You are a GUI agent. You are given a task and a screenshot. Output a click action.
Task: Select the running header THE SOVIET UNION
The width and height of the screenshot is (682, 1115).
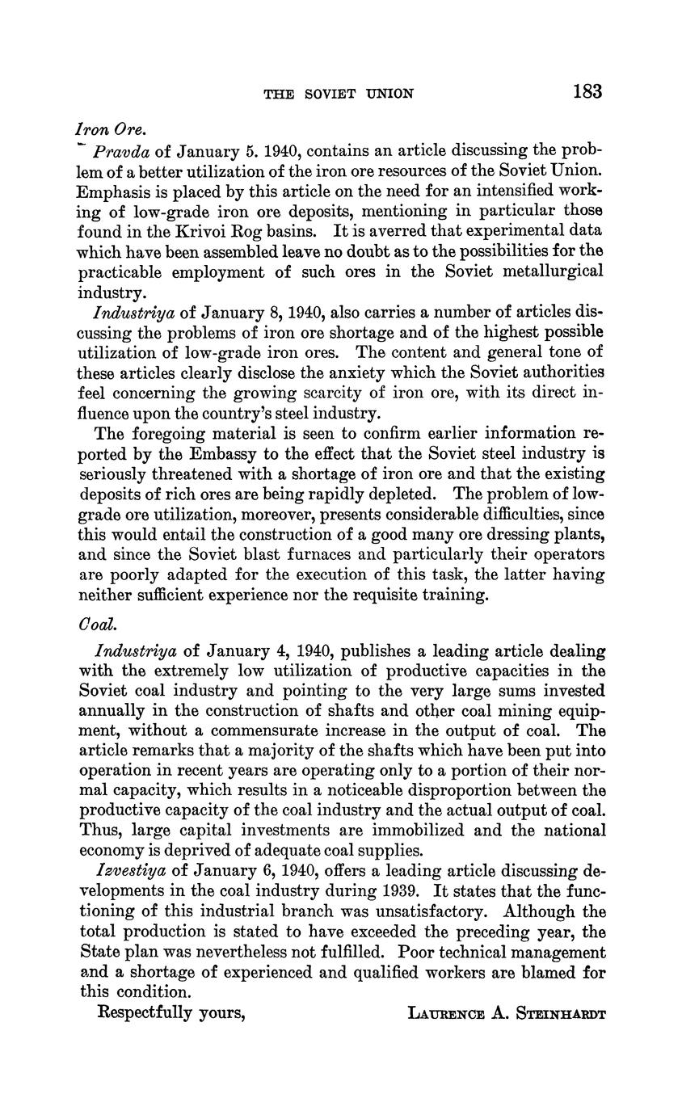tap(339, 94)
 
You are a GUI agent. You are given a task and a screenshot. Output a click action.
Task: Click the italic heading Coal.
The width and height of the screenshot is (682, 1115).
tap(94, 625)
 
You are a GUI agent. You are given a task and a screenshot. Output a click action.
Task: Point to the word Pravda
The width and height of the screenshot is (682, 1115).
tap(121, 151)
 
